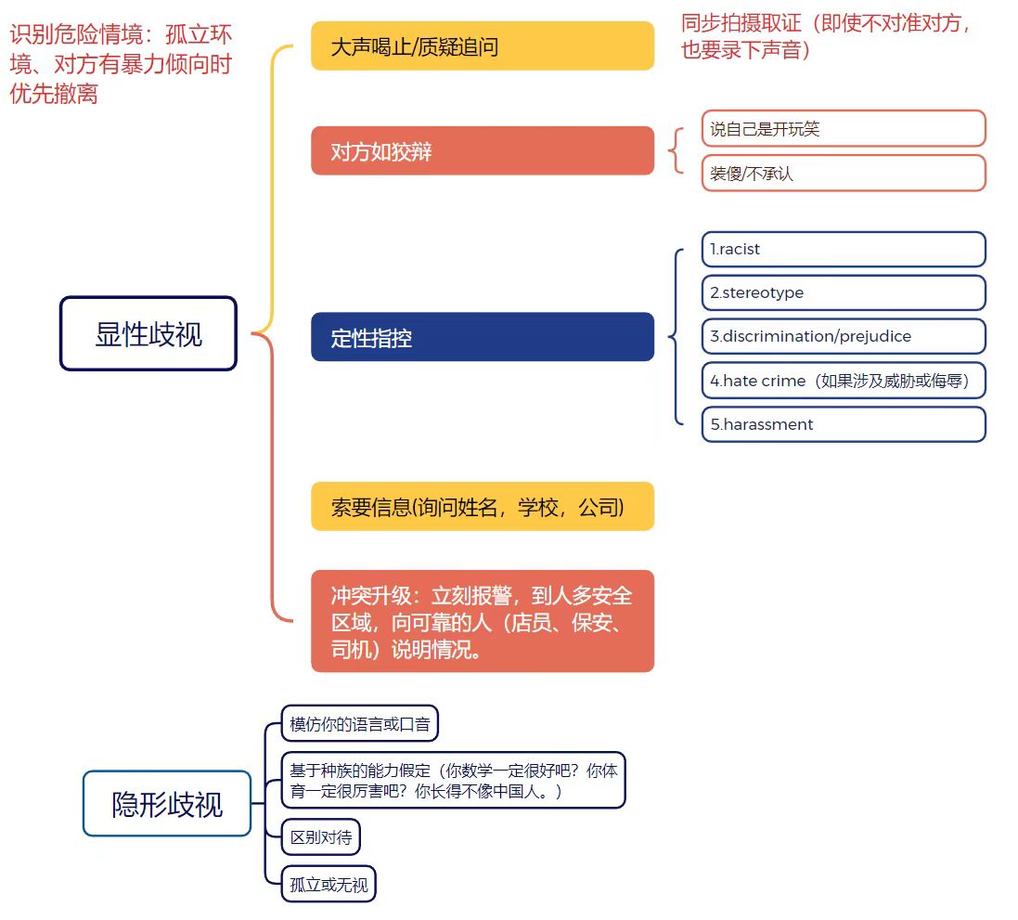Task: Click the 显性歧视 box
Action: point(148,334)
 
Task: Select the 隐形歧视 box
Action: point(167,804)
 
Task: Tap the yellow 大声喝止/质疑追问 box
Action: point(482,46)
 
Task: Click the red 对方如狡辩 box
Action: point(482,151)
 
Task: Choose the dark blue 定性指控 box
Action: point(482,337)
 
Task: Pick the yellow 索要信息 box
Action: point(482,507)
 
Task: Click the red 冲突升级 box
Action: point(482,621)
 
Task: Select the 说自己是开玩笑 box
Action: point(843,129)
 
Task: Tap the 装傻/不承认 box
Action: point(843,173)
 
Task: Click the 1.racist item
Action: point(843,249)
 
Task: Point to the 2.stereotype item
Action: point(843,292)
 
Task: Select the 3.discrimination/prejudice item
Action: point(843,336)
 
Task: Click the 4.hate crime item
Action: point(843,381)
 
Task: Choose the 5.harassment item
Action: point(843,424)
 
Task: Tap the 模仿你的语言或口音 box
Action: point(360,724)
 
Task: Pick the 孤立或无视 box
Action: point(329,885)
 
